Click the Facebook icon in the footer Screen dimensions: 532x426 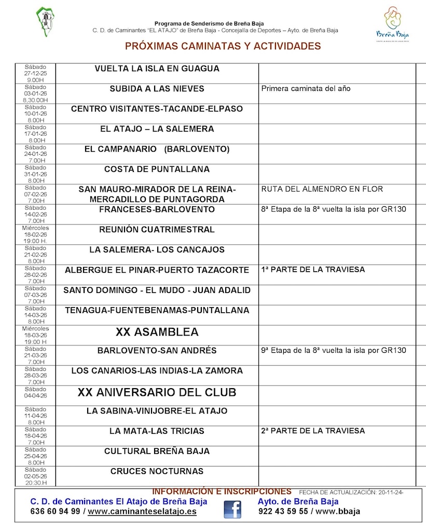tap(232, 509)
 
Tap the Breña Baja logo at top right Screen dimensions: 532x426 tap(396, 23)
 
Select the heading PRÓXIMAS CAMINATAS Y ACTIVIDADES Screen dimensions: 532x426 tap(223, 46)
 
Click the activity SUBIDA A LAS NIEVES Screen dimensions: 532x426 tap(157, 89)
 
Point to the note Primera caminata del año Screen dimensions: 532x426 tap(306, 89)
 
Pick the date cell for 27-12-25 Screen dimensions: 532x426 tap(35, 74)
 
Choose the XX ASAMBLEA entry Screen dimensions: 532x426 tap(157, 332)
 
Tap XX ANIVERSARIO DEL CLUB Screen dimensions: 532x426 tap(157, 392)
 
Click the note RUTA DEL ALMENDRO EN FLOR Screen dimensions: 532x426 tap(322, 189)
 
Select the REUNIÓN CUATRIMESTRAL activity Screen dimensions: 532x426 tap(157, 230)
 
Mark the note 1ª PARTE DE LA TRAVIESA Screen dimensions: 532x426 tap(313, 270)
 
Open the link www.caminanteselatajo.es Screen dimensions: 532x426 tap(142, 511)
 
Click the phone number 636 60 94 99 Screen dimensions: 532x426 tap(55, 511)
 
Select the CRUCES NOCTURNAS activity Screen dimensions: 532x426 tap(157, 472)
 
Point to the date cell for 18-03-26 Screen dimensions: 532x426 tap(35, 335)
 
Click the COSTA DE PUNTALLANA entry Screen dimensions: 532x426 tap(157, 169)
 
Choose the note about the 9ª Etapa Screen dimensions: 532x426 tap(334, 351)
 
